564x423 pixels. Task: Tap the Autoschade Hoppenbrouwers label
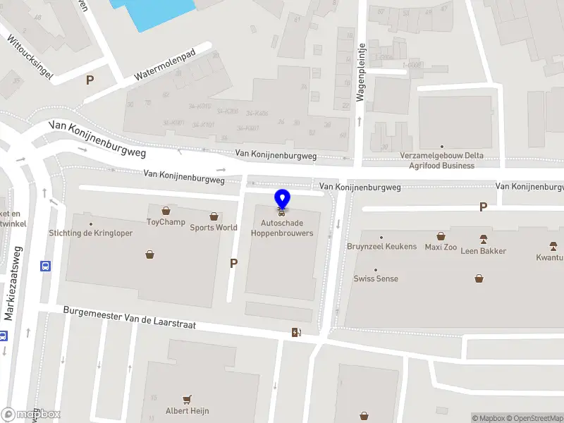pyautogui.click(x=282, y=228)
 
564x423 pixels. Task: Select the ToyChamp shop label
pyautogui.click(x=166, y=222)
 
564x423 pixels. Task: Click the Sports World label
pyautogui.click(x=213, y=227)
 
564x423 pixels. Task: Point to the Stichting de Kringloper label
pyautogui.click(x=90, y=233)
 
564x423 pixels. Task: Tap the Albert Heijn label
pyautogui.click(x=187, y=410)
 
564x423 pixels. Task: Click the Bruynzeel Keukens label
pyautogui.click(x=381, y=247)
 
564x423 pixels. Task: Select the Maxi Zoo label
pyautogui.click(x=441, y=247)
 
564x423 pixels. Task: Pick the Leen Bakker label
pyautogui.click(x=484, y=250)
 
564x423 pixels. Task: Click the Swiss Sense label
pyautogui.click(x=376, y=278)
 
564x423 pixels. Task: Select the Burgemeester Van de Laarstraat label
pyautogui.click(x=129, y=319)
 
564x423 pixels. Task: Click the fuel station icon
pyautogui.click(x=296, y=332)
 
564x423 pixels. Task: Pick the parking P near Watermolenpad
pyautogui.click(x=90, y=80)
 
